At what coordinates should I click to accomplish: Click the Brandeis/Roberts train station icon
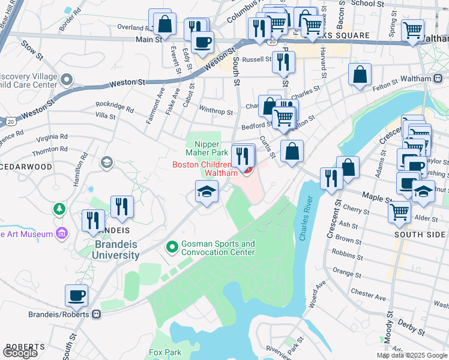[96, 314]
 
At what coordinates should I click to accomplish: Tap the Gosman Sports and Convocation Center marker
[172, 247]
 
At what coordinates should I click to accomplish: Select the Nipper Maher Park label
[207, 148]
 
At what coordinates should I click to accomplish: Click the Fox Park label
[165, 352]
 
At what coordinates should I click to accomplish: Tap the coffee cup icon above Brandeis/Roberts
[77, 295]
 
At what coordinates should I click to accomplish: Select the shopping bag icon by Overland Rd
[164, 24]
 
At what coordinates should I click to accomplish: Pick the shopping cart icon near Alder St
[399, 211]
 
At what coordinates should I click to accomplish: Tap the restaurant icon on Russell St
[283, 61]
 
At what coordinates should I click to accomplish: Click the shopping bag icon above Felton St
[360, 75]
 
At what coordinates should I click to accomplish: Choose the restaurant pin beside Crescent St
[331, 177]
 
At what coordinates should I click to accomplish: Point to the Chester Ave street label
[369, 295]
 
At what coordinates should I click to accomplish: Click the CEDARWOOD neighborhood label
[26, 167]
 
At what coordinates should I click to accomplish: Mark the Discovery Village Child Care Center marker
[66, 79]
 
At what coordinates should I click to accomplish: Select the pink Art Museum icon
[61, 233]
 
